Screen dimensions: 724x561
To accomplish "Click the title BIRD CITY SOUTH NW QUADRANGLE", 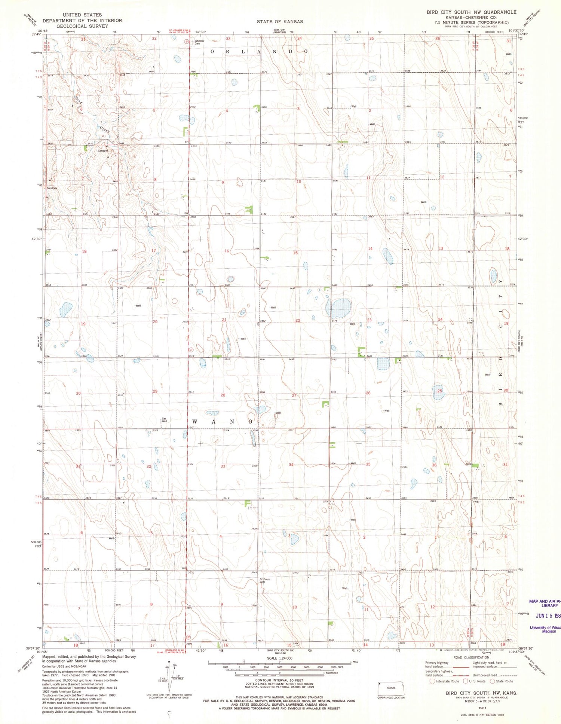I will (471, 12).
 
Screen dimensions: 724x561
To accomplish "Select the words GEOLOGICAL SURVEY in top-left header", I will (82, 26).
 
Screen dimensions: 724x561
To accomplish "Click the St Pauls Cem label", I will (265, 581).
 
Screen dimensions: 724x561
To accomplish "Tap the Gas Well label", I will (164, 420).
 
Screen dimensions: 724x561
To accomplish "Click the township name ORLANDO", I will (259, 51).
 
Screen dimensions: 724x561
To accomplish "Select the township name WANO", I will (223, 422).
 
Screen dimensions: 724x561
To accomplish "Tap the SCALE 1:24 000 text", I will (280, 658).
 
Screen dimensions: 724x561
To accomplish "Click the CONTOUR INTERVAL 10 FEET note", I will (279, 680).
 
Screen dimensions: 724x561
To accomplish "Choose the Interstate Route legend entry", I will (445, 681).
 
